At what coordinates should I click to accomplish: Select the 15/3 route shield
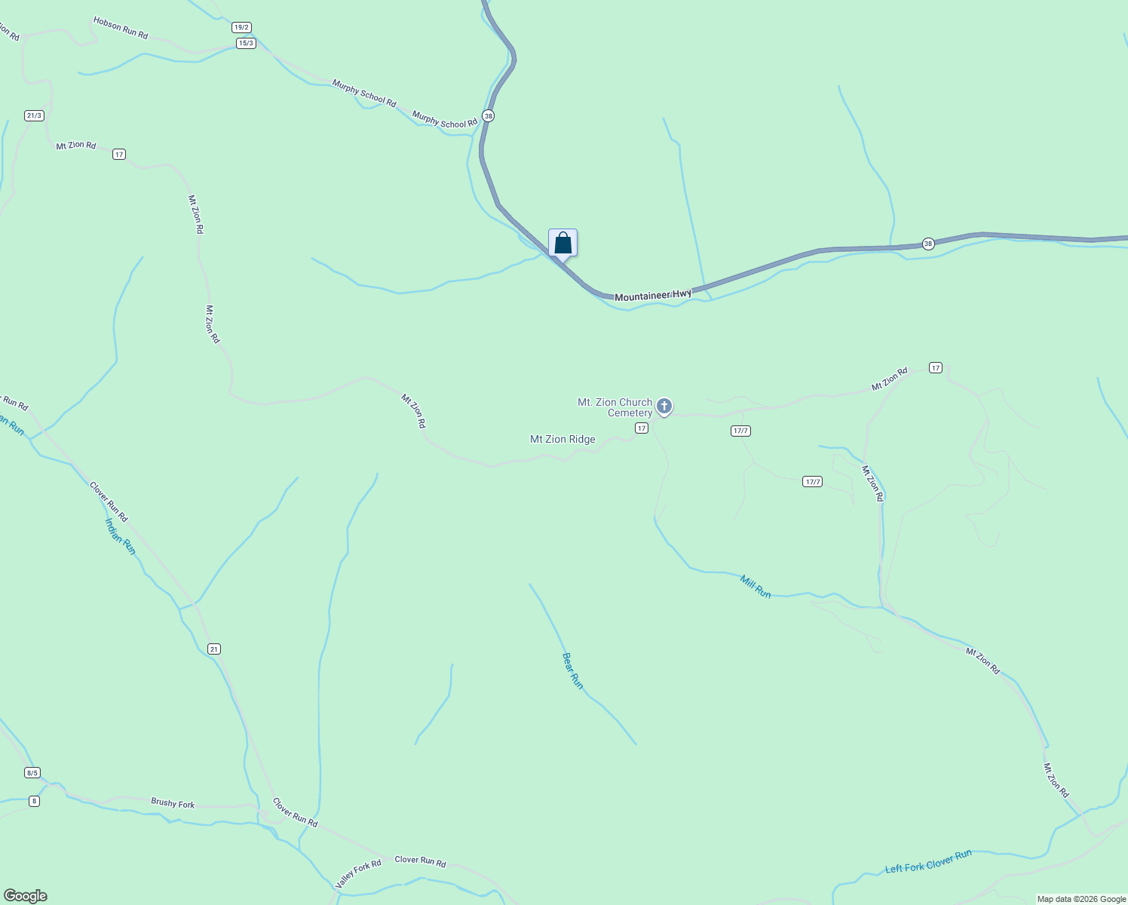pyautogui.click(x=246, y=43)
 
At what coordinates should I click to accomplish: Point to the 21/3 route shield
pyautogui.click(x=34, y=115)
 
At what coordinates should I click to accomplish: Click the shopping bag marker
pyautogui.click(x=562, y=244)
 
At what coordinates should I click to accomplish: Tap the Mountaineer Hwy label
pyautogui.click(x=653, y=296)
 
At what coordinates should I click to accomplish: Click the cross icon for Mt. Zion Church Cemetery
pyautogui.click(x=664, y=406)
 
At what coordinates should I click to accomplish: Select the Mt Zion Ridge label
pyautogui.click(x=562, y=439)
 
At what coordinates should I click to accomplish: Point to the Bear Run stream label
pyautogui.click(x=573, y=670)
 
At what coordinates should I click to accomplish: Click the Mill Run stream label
pyautogui.click(x=756, y=587)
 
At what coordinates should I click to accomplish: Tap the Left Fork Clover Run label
pyautogui.click(x=928, y=862)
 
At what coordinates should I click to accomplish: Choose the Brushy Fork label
pyautogui.click(x=173, y=803)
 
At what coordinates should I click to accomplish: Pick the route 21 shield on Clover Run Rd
pyautogui.click(x=215, y=649)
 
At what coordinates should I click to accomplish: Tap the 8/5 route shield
pyautogui.click(x=32, y=772)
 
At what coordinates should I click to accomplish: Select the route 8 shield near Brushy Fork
pyautogui.click(x=34, y=801)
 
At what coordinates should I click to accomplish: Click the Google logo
pyautogui.click(x=26, y=896)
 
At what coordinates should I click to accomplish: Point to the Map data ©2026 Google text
pyautogui.click(x=1081, y=899)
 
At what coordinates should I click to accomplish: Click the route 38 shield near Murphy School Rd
pyautogui.click(x=489, y=115)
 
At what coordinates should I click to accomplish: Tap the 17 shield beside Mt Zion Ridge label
pyautogui.click(x=641, y=428)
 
